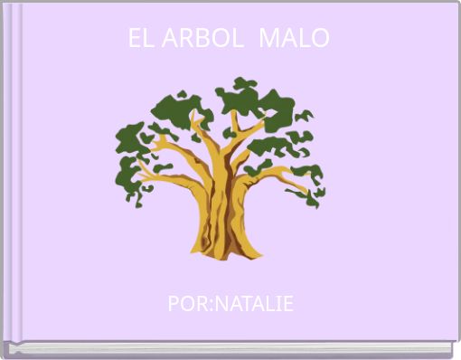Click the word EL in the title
point(138,39)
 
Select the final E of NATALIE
point(288,304)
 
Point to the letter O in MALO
point(321,39)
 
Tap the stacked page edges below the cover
point(230,350)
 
